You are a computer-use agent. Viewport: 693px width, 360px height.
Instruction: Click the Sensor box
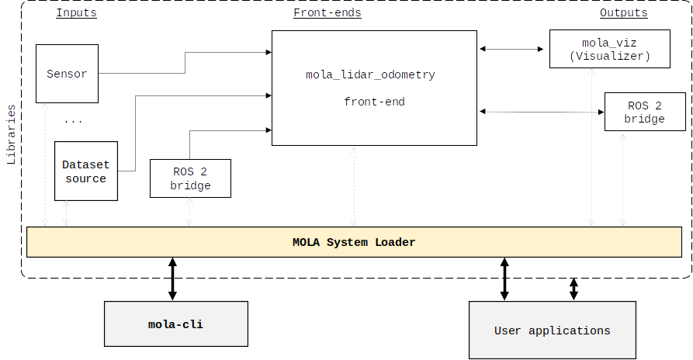coord(68,74)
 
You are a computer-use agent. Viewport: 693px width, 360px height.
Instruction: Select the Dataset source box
coord(85,171)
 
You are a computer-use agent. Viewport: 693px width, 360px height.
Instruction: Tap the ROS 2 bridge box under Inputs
coord(190,178)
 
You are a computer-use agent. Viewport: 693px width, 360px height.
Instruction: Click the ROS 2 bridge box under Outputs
coord(644,112)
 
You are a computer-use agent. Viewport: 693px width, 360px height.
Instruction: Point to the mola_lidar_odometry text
coord(370,75)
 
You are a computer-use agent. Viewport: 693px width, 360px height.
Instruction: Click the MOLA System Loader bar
coord(354,242)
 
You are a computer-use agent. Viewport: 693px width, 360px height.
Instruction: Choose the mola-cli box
coord(176,324)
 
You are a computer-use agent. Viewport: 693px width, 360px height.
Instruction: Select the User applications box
coord(552,331)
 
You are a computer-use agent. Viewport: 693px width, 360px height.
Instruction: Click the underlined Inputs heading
coord(77,13)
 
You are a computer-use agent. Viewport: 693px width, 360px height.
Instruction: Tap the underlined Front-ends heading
coord(327,13)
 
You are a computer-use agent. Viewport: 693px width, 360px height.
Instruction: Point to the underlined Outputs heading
coord(623,13)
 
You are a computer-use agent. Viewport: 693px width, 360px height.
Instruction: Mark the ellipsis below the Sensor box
coord(73,121)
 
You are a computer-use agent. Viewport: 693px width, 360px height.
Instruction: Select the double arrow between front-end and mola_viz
coord(512,49)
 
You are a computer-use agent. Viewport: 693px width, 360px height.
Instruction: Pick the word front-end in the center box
coord(374,102)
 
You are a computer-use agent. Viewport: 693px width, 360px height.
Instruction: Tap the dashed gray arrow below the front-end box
coord(354,186)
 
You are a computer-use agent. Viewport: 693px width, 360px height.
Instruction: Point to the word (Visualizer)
coord(609,57)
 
